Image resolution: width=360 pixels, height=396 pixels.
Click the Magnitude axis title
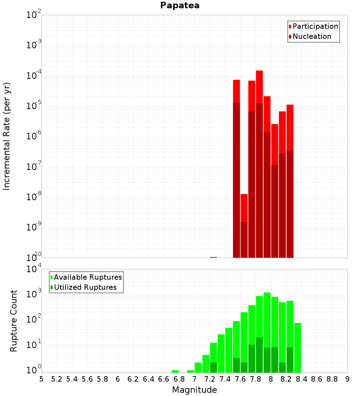point(194,390)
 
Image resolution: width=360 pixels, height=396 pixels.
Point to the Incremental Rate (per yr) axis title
point(7,136)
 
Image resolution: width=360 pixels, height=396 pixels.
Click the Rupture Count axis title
point(14,321)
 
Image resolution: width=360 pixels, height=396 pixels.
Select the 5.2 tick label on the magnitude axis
point(57,379)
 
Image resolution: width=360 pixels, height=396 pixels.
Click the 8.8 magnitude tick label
point(332,379)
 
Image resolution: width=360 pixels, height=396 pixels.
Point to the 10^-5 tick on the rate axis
point(33,106)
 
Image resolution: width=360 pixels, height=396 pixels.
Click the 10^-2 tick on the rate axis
point(33,15)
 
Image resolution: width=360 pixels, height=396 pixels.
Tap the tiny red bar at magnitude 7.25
point(213,257)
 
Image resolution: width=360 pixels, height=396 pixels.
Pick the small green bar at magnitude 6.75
point(175,371)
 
